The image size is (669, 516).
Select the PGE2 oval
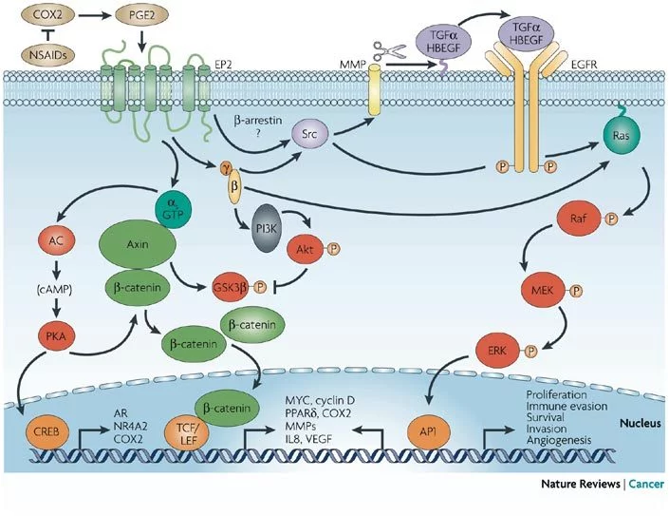[134, 16]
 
